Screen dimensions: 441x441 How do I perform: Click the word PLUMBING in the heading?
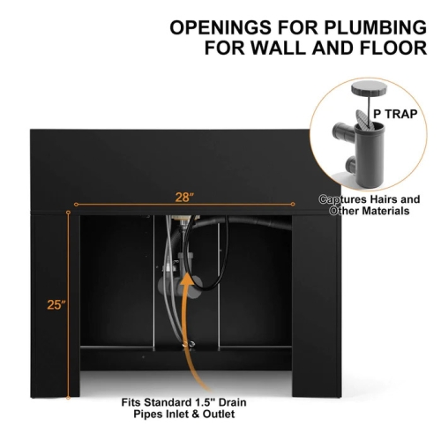[x=375, y=27]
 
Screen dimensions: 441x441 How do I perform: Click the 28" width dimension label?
[x=184, y=198]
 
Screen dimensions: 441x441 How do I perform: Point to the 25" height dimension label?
[x=56, y=304]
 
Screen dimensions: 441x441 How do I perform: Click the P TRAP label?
[x=395, y=114]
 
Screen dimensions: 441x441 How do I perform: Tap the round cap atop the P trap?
[x=369, y=88]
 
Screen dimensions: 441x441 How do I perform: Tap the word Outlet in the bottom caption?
[x=219, y=414]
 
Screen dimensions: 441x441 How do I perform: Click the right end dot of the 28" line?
[x=293, y=204]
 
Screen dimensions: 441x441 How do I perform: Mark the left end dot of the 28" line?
[x=76, y=205]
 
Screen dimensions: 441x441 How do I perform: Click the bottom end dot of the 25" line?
[x=68, y=398]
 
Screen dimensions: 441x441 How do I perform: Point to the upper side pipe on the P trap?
[x=344, y=132]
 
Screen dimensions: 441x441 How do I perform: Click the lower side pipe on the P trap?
[x=351, y=165]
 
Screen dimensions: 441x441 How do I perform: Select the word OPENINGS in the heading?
[x=220, y=27]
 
